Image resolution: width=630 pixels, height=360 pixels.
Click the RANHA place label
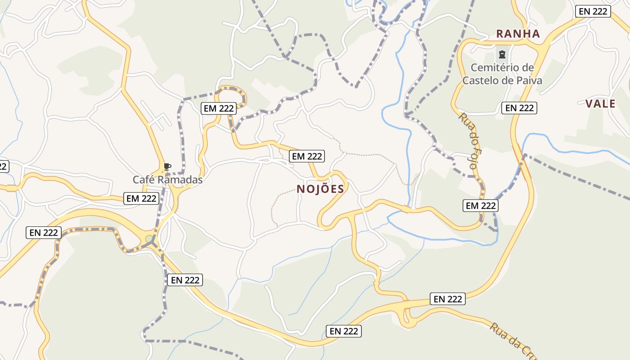(x=517, y=34)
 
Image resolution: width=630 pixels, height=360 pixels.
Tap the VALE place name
(x=600, y=104)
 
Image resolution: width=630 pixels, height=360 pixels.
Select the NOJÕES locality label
(x=320, y=189)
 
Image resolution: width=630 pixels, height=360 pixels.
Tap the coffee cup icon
(x=167, y=167)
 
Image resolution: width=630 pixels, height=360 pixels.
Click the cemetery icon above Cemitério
(x=501, y=55)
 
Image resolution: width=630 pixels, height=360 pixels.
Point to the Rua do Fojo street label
(x=468, y=140)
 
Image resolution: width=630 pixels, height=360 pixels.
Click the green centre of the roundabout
(x=149, y=238)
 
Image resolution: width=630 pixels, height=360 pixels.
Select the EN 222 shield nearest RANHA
(x=593, y=11)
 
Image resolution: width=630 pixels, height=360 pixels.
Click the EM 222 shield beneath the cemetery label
(x=519, y=108)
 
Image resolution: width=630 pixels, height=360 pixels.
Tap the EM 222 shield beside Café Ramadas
(x=141, y=198)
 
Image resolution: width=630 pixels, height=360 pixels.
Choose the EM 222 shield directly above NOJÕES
(x=307, y=156)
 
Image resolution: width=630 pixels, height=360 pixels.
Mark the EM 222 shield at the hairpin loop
(x=219, y=108)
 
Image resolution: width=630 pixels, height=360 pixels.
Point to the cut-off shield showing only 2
(x=3, y=166)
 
